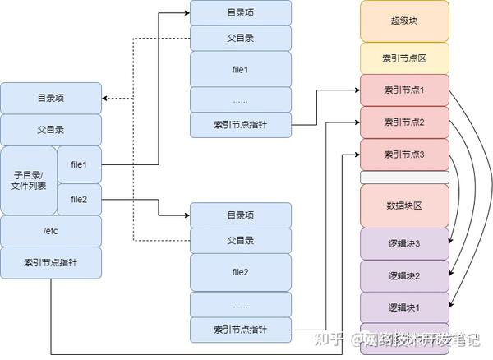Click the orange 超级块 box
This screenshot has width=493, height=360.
[404, 21]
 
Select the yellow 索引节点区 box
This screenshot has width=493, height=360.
[404, 58]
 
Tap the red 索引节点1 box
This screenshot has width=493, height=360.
[404, 90]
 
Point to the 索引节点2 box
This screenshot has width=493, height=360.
[404, 122]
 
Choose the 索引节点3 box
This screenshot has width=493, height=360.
[404, 155]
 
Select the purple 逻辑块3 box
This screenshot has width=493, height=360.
[404, 244]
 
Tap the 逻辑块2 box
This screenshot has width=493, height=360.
[404, 275]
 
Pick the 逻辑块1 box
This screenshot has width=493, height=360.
[404, 307]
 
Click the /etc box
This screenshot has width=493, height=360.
[51, 231]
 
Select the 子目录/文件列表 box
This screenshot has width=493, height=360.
[29, 180]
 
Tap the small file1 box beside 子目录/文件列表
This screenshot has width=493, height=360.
[79, 164]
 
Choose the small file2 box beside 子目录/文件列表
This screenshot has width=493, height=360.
[79, 198]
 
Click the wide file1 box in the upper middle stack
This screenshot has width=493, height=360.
[241, 68]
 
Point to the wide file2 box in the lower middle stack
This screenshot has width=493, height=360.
[241, 271]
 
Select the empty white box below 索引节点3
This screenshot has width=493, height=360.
[404, 177]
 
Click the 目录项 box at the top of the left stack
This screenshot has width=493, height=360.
[51, 98]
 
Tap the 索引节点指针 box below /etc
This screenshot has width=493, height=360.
[51, 262]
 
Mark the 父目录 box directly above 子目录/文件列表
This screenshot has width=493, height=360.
[51, 130]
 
